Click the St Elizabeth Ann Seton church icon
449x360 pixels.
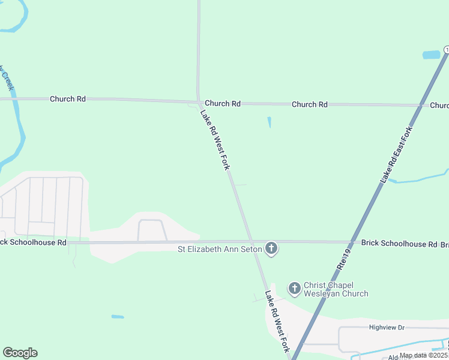(x=271, y=248)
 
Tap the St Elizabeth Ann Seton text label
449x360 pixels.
(x=220, y=248)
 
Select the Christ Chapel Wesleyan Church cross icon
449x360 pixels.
(x=294, y=289)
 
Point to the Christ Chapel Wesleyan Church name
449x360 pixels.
(x=336, y=289)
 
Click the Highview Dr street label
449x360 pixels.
(x=387, y=328)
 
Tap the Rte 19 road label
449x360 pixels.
(x=343, y=259)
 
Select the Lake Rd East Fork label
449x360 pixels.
(x=396, y=155)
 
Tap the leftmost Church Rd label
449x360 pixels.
(x=68, y=99)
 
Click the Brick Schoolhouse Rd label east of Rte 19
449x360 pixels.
(x=399, y=244)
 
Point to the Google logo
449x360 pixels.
(x=20, y=353)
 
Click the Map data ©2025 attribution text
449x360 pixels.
(x=423, y=355)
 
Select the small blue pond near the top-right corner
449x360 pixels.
(x=431, y=55)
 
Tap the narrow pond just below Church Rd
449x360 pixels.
(x=269, y=122)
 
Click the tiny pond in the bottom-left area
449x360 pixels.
(x=118, y=316)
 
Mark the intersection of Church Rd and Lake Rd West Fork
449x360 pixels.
(x=198, y=102)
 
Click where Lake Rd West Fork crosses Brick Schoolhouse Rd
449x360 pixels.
(x=252, y=242)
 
